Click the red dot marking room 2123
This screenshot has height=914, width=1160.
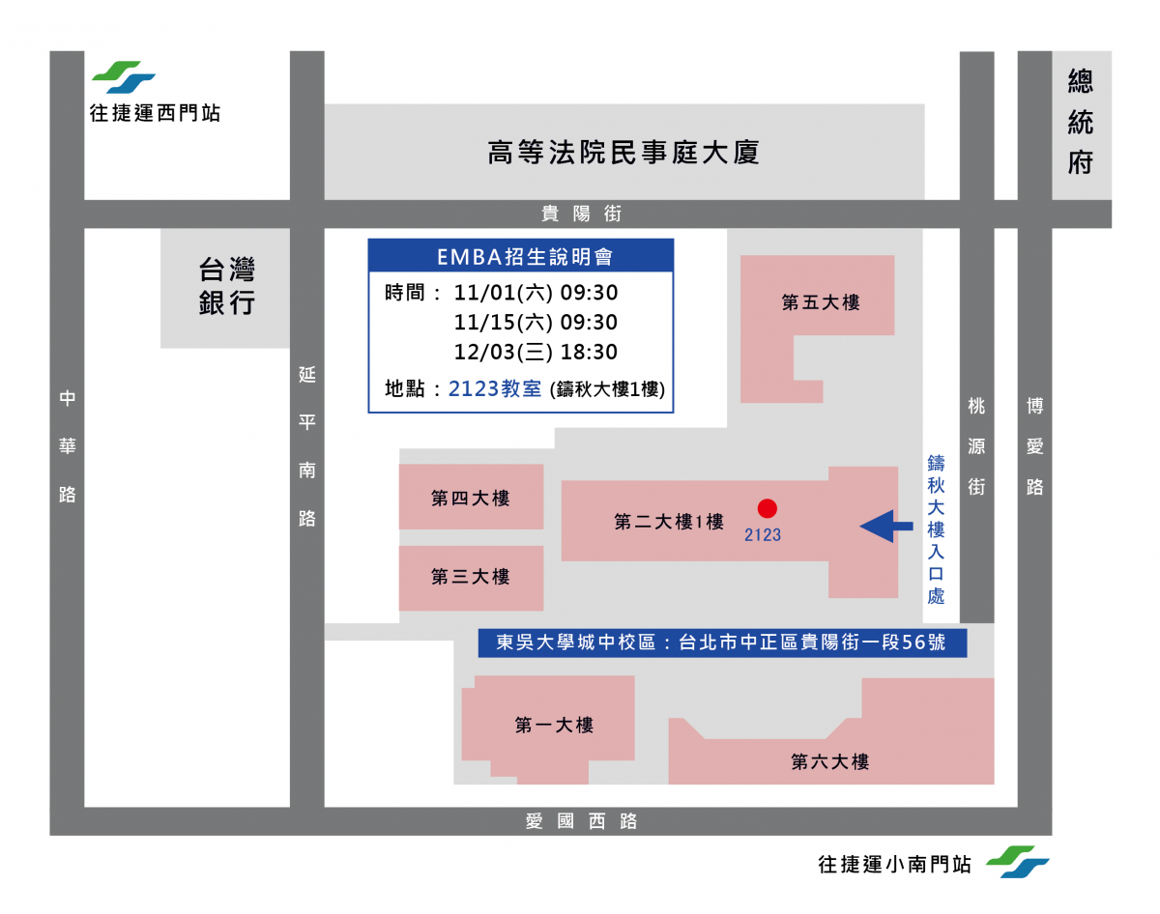(767, 508)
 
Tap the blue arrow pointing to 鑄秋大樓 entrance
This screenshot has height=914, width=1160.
(885, 526)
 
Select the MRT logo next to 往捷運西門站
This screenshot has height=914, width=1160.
(124, 77)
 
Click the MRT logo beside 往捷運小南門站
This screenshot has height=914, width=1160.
(1017, 862)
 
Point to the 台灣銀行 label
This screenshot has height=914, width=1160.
(226, 286)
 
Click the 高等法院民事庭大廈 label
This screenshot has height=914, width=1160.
(623, 153)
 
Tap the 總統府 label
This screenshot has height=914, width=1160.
(1080, 122)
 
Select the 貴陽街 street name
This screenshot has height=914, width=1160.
(581, 214)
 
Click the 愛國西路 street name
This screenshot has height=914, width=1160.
(581, 821)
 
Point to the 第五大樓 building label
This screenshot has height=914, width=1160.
(821, 302)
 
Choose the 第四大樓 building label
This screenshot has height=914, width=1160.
(470, 498)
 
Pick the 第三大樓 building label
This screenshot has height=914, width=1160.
(470, 577)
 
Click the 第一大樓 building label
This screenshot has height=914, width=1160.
(554, 725)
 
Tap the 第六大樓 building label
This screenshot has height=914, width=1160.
(829, 761)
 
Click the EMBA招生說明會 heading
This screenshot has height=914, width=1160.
(525, 257)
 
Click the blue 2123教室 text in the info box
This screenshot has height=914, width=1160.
(495, 388)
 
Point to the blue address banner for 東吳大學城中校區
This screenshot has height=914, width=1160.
(722, 643)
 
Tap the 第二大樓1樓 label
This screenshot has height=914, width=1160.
(668, 522)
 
